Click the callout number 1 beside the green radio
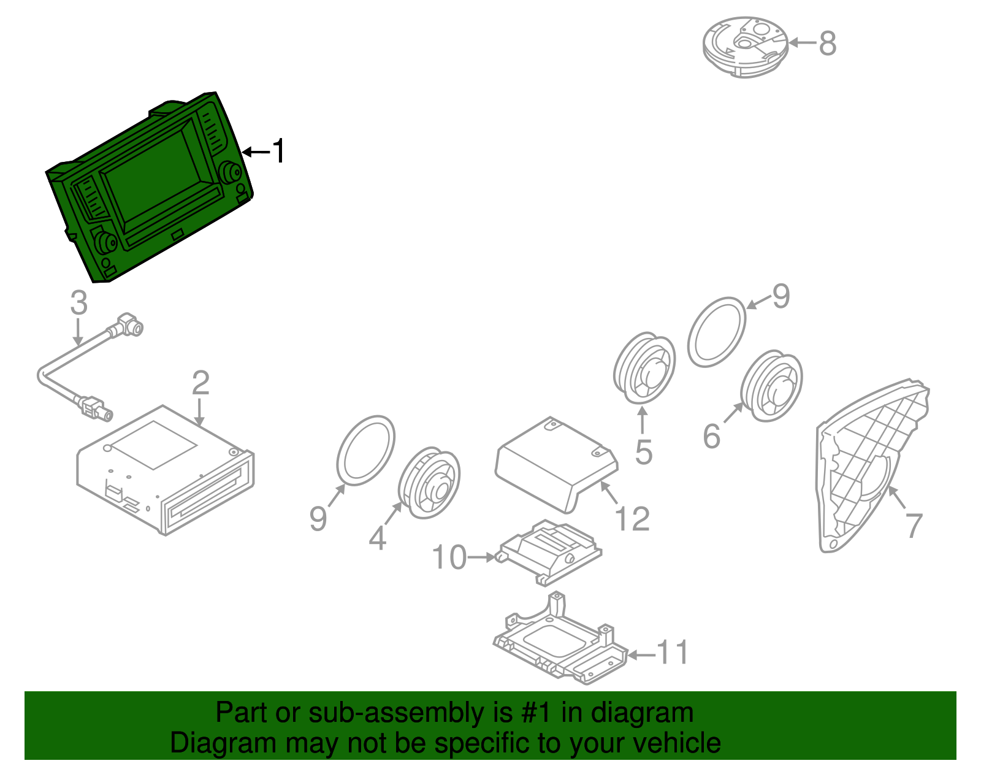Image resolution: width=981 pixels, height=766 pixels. click(279, 151)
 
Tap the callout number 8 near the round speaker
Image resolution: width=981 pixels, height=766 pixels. click(828, 44)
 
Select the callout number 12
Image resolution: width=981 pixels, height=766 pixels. click(632, 518)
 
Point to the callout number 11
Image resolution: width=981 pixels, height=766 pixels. click(673, 652)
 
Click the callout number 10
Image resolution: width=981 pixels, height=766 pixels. click(449, 557)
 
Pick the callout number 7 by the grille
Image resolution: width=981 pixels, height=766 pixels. click(914, 525)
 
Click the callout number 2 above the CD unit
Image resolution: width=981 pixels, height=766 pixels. click(200, 383)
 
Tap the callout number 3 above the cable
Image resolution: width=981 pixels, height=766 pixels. click(79, 302)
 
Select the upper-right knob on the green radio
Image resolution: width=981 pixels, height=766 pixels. click(231, 172)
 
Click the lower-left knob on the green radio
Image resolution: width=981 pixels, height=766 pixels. click(105, 242)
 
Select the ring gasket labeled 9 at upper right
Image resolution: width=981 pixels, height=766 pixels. click(717, 332)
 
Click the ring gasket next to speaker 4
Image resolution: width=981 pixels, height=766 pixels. click(365, 450)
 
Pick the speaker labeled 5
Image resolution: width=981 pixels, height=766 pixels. click(644, 369)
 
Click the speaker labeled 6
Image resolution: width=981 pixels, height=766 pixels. click(772, 386)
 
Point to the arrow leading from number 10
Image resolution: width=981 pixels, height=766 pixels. click(481, 557)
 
